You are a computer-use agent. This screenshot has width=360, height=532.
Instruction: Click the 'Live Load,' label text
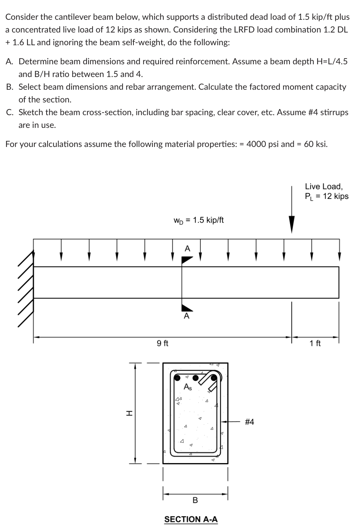pyautogui.click(x=324, y=186)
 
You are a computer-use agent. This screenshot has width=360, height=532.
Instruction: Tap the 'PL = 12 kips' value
pyautogui.click(x=326, y=196)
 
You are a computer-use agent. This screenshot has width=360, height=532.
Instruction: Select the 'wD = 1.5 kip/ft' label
pyautogui.click(x=199, y=220)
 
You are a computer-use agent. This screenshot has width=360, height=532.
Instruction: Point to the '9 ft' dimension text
pyautogui.click(x=162, y=343)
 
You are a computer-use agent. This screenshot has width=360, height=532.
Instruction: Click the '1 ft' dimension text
pyautogui.click(x=315, y=343)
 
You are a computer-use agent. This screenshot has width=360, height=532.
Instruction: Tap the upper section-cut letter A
pyautogui.click(x=187, y=249)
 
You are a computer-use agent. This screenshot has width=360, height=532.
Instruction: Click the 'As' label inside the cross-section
pyautogui.click(x=188, y=387)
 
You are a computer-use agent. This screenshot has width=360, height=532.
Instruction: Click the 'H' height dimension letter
pyautogui.click(x=130, y=413)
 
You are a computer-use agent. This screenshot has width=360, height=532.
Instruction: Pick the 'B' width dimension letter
pyautogui.click(x=195, y=500)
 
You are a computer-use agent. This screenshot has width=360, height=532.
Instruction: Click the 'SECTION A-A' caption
pyautogui.click(x=191, y=519)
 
